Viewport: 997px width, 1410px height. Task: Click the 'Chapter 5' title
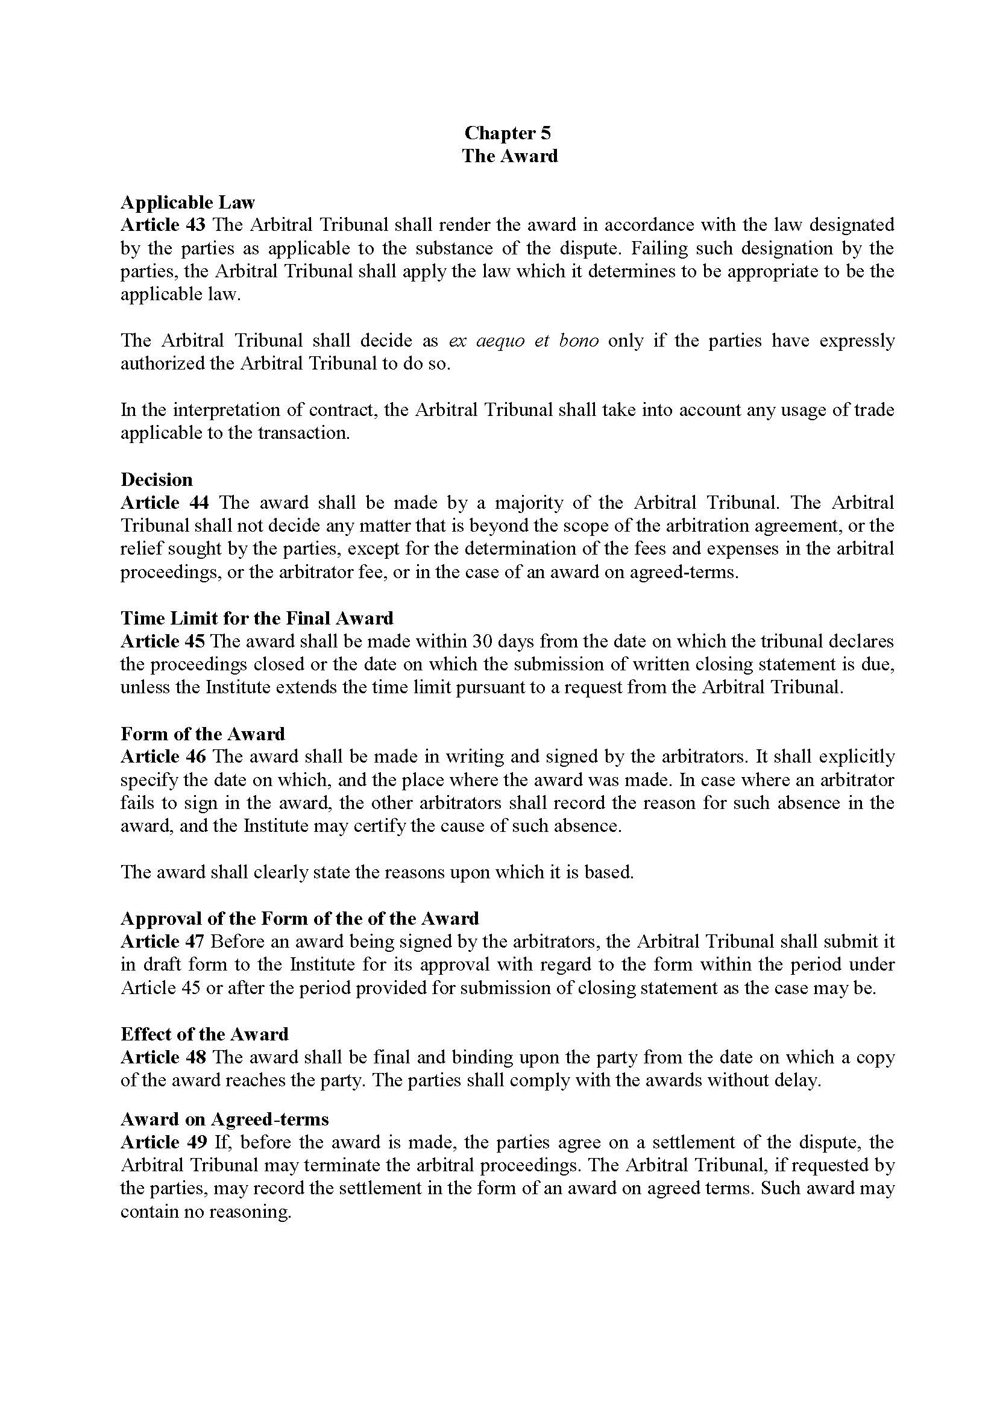pos(508,133)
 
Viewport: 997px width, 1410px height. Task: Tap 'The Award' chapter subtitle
pos(509,156)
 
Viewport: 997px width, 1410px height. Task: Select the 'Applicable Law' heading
pos(187,202)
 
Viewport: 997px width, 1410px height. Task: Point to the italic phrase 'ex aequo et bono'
pos(524,341)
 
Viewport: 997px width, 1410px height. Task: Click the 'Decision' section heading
pos(157,480)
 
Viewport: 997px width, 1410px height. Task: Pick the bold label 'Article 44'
pos(165,503)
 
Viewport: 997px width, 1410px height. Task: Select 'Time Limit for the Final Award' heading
pos(257,618)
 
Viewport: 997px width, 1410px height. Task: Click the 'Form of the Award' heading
pos(203,734)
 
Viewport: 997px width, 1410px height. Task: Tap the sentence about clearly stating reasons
pos(377,872)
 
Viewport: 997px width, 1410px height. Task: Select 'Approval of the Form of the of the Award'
pos(300,918)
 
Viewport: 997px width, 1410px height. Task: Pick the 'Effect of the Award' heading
pos(204,1034)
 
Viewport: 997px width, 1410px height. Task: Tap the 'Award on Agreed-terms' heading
pos(225,1119)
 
